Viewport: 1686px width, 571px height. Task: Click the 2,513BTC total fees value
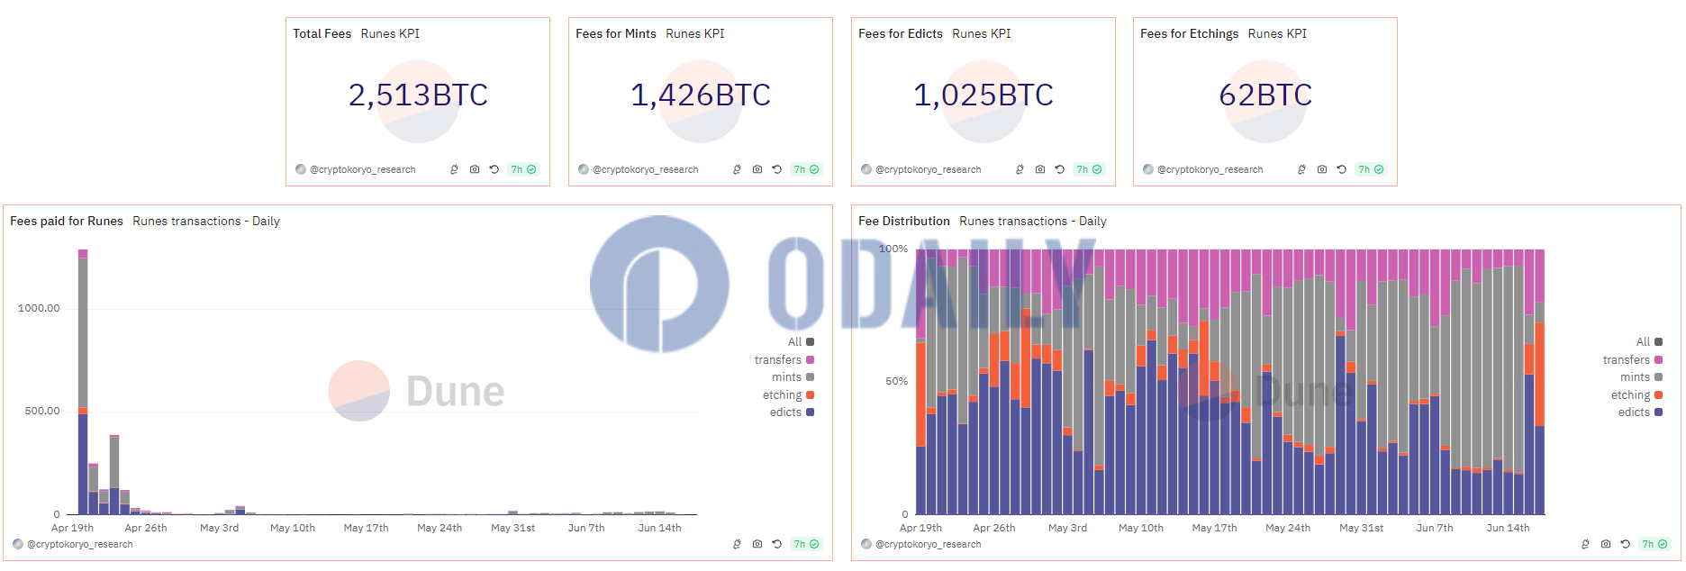pyautogui.click(x=418, y=95)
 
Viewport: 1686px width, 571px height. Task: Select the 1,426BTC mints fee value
pyautogui.click(x=701, y=95)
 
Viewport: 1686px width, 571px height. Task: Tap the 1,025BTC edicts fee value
pyautogui.click(x=983, y=95)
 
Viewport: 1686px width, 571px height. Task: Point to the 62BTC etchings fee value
pyautogui.click(x=1265, y=95)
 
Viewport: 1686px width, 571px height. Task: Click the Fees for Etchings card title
pyautogui.click(x=1189, y=34)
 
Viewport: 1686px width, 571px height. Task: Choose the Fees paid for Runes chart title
pyautogui.click(x=67, y=222)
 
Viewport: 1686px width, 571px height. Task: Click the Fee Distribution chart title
pyautogui.click(x=903, y=222)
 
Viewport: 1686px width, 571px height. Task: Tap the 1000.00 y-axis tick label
pyautogui.click(x=39, y=308)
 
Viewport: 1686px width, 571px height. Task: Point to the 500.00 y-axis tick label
pyautogui.click(x=42, y=411)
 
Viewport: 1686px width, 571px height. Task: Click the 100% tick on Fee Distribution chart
pyautogui.click(x=893, y=249)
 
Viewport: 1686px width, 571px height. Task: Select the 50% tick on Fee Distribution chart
pyautogui.click(x=896, y=382)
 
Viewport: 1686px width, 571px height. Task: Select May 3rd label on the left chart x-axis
pyautogui.click(x=219, y=529)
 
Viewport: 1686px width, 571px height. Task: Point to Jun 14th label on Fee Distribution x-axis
pyautogui.click(x=1508, y=529)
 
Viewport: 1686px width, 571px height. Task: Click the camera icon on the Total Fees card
pyautogui.click(x=475, y=169)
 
